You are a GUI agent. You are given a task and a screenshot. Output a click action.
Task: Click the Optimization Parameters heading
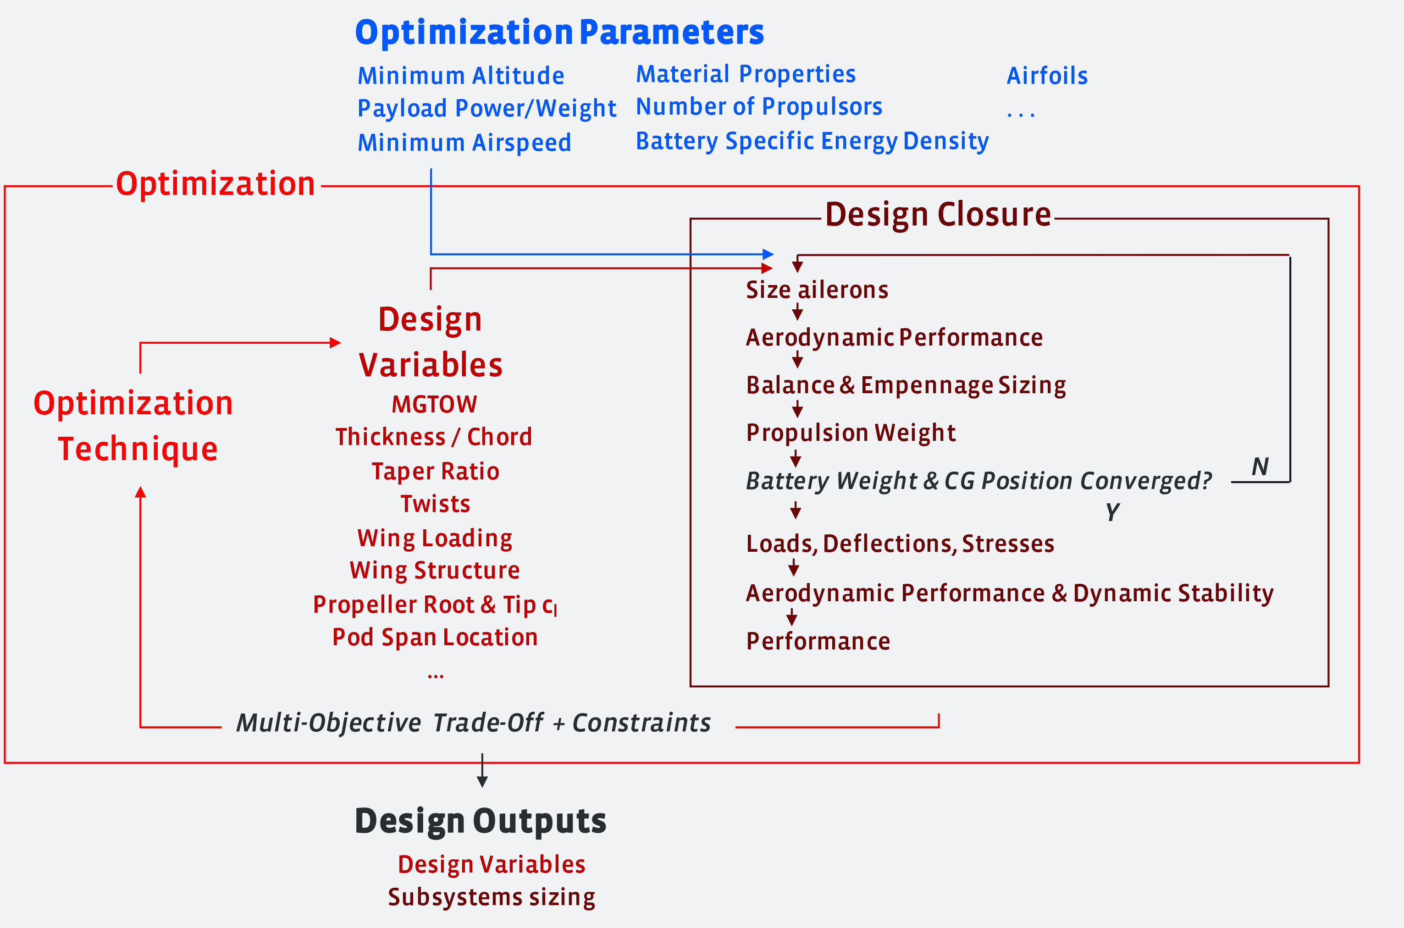click(x=559, y=32)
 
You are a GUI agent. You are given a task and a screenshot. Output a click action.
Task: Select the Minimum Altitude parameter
click(x=461, y=76)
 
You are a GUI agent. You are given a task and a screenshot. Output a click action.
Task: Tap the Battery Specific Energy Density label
click(x=812, y=141)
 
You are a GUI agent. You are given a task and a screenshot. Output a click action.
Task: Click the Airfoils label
click(x=1047, y=76)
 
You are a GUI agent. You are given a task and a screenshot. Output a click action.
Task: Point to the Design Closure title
click(x=938, y=214)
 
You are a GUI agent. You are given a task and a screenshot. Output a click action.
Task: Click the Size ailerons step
click(x=817, y=290)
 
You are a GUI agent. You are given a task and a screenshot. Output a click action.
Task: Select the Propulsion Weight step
click(x=851, y=433)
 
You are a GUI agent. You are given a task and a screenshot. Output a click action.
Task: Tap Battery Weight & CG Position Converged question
click(x=978, y=481)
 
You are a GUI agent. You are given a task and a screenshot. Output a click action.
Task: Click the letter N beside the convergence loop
click(x=1260, y=467)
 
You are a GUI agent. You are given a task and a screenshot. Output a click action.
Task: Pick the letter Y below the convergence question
click(x=1113, y=511)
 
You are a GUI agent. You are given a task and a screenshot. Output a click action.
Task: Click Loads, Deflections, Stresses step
click(x=900, y=544)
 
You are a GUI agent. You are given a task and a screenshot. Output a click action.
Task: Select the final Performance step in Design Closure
click(x=818, y=641)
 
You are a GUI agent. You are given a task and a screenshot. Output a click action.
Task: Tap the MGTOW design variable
click(x=434, y=404)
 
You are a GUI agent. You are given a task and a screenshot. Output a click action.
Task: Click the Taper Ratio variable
click(x=435, y=471)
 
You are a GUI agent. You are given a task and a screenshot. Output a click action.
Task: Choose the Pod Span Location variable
click(x=435, y=637)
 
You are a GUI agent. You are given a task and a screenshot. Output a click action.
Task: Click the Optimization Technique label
click(x=134, y=426)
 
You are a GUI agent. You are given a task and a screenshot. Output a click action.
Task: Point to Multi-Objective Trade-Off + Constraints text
click(x=473, y=723)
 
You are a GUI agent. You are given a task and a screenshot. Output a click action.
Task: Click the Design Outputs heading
click(x=480, y=821)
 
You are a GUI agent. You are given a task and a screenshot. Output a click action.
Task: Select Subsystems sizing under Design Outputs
click(x=491, y=897)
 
